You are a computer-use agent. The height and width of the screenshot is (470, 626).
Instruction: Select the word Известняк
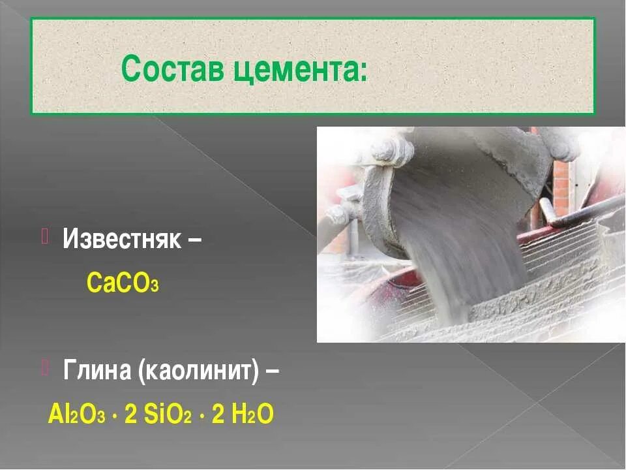(121, 239)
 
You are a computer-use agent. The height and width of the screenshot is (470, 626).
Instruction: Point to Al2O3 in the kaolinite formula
(76, 415)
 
